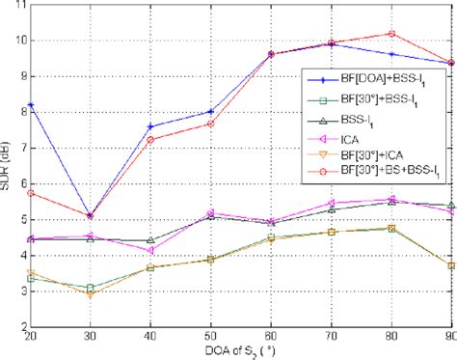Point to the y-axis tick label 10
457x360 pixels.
tap(19, 41)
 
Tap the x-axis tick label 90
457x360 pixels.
tap(447, 337)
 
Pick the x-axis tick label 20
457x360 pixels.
tap(33, 337)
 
